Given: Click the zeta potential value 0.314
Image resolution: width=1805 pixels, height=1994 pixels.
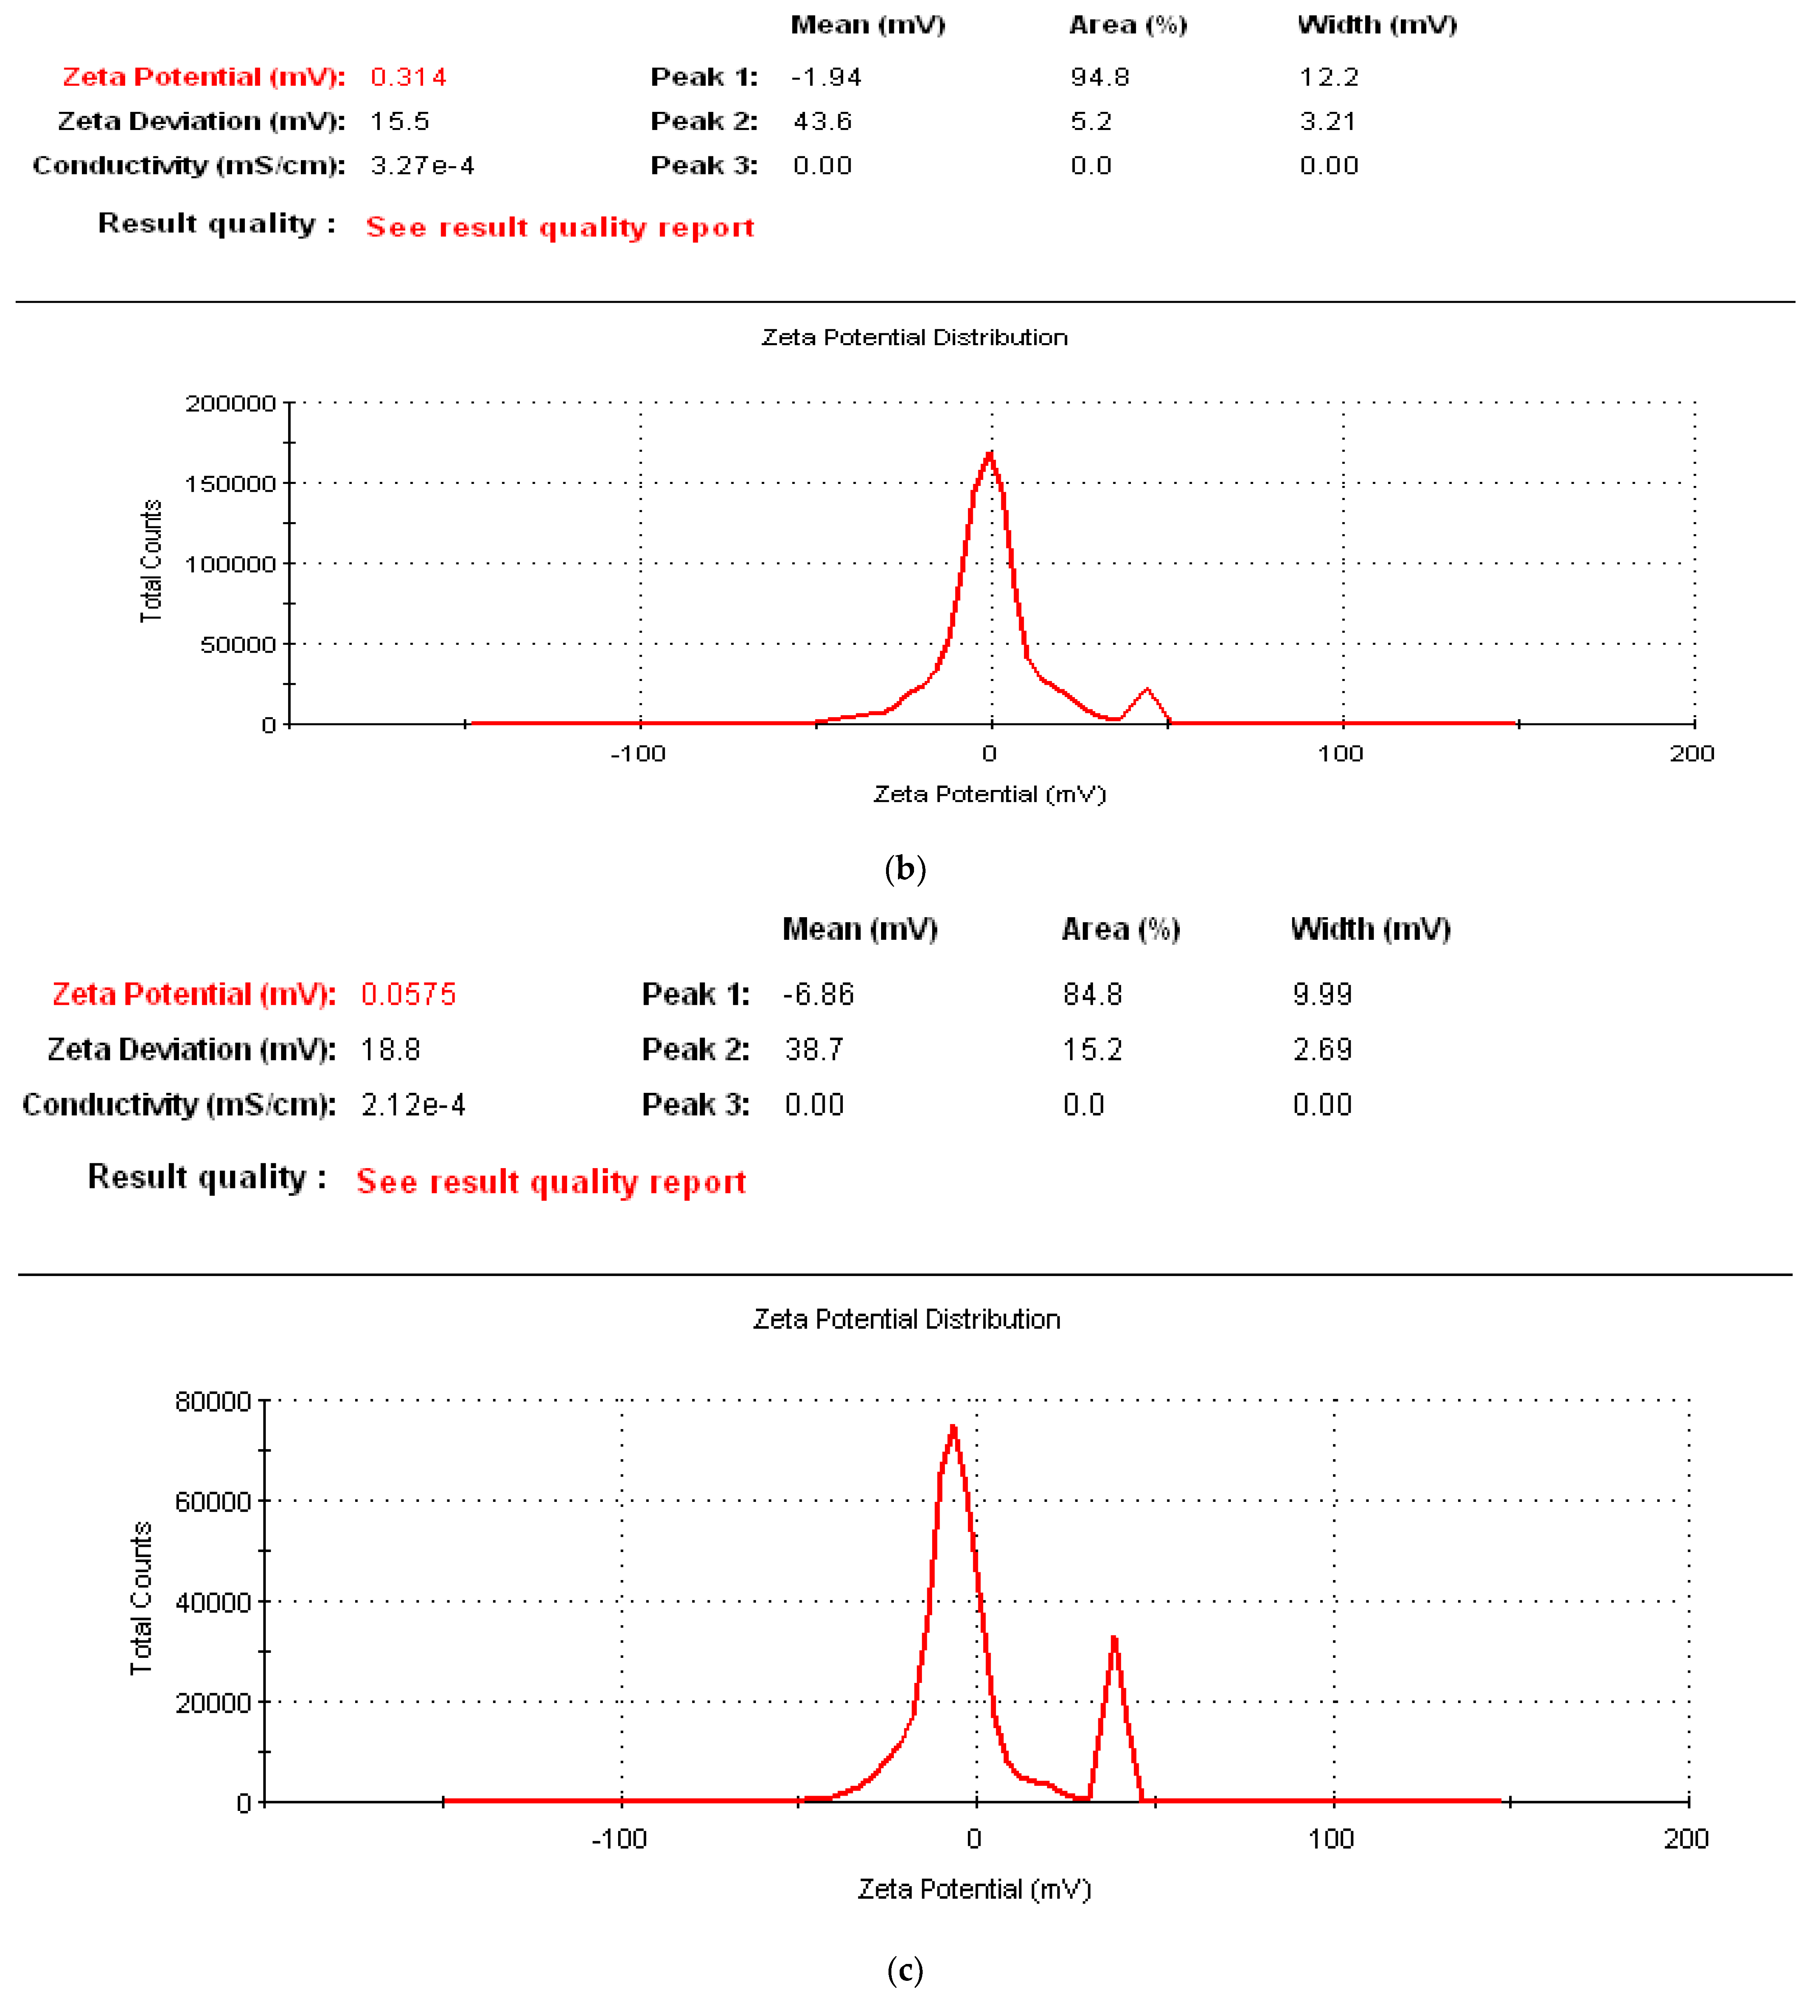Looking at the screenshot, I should [407, 77].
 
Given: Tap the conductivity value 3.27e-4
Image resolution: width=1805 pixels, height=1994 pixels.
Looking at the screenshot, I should [422, 165].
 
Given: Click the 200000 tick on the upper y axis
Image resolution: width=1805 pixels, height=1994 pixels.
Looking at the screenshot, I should [230, 404].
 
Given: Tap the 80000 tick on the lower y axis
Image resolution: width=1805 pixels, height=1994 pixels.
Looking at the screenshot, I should [213, 1401].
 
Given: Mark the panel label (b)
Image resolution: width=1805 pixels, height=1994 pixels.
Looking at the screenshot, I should [905, 869].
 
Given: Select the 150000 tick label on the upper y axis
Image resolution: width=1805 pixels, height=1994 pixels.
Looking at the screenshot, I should [230, 483].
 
